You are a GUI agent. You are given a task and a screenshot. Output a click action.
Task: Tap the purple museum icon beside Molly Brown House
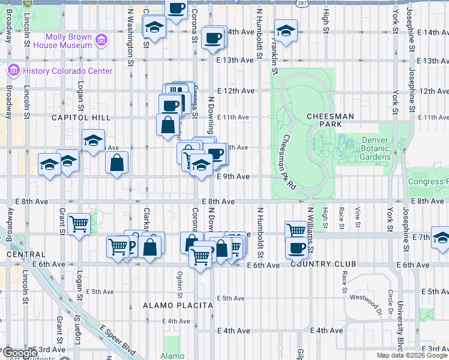(102, 41)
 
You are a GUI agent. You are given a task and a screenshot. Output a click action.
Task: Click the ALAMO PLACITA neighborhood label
(178, 305)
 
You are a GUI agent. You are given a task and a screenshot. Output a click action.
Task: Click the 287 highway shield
(302, 4)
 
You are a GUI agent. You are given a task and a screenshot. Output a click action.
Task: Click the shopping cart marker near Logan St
(79, 224)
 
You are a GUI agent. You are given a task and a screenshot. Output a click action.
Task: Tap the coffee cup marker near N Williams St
(296, 248)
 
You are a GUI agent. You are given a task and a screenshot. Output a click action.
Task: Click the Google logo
(19, 353)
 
